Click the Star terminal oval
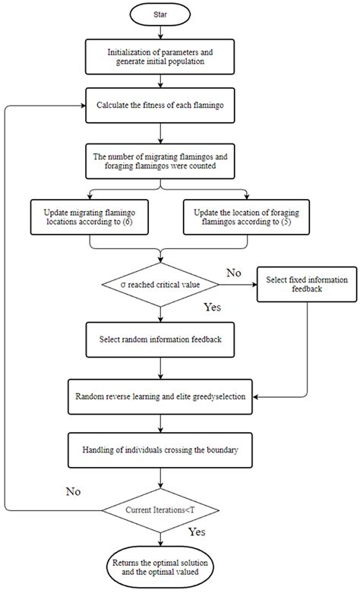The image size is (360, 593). pyautogui.click(x=160, y=14)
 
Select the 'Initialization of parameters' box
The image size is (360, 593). pyautogui.click(x=160, y=56)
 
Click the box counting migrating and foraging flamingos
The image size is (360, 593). pyautogui.click(x=160, y=162)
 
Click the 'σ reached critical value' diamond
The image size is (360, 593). pyautogui.click(x=160, y=285)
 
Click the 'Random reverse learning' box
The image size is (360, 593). pyautogui.click(x=160, y=396)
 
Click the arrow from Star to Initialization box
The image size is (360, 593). pyautogui.click(x=160, y=33)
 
